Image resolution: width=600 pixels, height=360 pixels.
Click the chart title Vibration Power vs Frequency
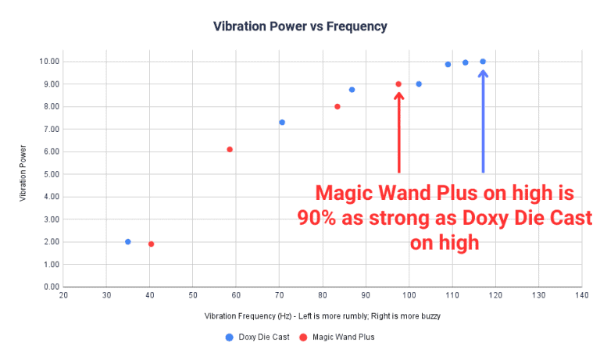tap(300, 27)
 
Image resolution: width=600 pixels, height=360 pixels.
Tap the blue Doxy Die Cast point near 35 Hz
tap(128, 242)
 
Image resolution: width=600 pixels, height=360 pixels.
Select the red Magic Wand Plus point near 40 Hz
tap(151, 244)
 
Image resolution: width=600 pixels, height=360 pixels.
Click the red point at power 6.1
tap(230, 149)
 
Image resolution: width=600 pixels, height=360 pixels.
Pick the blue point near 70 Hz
tap(282, 123)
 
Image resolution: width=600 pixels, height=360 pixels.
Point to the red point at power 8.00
tap(337, 107)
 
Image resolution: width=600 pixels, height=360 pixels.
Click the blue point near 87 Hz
tap(352, 90)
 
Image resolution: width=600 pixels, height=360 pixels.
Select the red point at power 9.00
tap(398, 84)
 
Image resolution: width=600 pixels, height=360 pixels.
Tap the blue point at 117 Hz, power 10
tap(483, 62)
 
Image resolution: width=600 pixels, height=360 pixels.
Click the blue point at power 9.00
tap(419, 84)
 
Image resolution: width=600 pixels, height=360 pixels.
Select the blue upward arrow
tap(483, 121)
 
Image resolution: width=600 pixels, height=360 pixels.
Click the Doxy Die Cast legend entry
tap(257, 337)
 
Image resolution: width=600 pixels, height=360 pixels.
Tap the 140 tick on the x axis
tap(580, 295)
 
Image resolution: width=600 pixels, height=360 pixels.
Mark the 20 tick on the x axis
tap(63, 295)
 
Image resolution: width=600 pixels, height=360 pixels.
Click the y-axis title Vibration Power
tap(24, 174)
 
